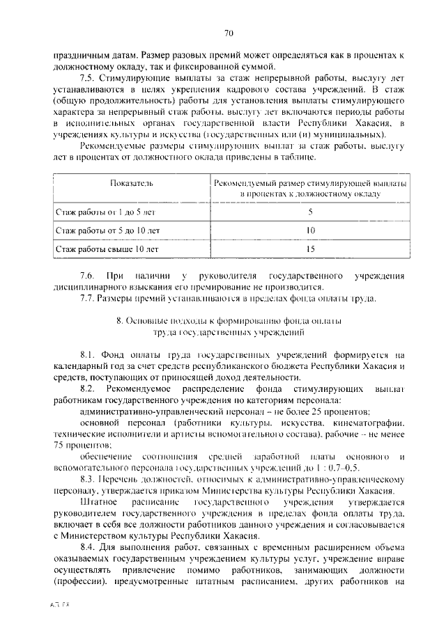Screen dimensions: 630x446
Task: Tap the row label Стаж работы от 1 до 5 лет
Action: (x=105, y=211)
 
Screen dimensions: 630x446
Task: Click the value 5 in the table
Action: (x=310, y=211)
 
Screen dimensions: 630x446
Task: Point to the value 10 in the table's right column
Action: (x=310, y=230)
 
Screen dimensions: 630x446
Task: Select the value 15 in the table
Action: (x=310, y=247)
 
